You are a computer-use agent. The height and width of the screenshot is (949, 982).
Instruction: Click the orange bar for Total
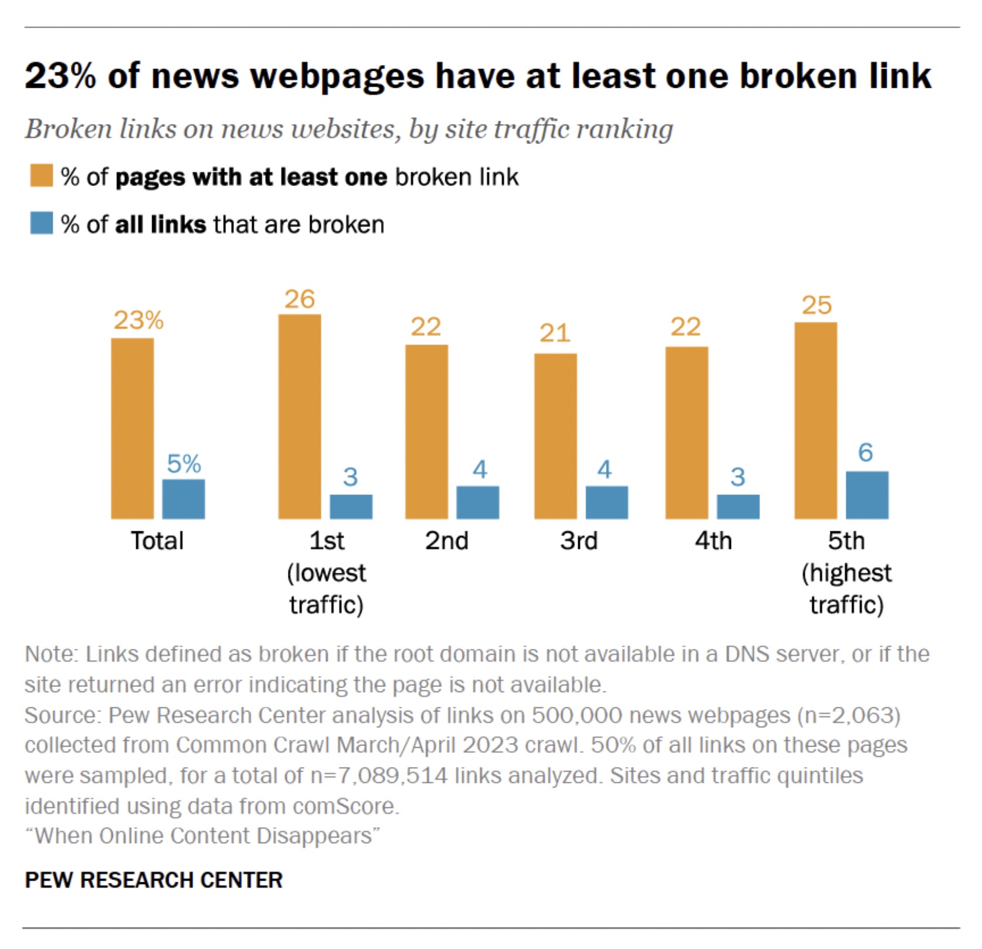click(x=132, y=428)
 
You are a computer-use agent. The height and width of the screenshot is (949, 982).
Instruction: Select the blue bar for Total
click(x=184, y=499)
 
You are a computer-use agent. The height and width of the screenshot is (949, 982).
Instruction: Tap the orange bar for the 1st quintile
click(x=300, y=417)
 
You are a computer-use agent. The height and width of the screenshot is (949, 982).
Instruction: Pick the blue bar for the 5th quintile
click(x=867, y=495)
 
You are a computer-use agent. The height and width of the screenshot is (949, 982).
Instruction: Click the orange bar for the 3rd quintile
click(x=555, y=436)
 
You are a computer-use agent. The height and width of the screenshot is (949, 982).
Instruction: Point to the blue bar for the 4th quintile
click(x=738, y=507)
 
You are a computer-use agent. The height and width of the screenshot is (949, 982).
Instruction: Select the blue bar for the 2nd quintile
click(x=478, y=502)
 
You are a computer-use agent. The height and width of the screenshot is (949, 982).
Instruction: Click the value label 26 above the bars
click(x=300, y=300)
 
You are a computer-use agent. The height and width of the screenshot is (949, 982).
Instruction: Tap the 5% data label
click(x=184, y=464)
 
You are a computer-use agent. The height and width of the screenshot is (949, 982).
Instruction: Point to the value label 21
click(x=555, y=333)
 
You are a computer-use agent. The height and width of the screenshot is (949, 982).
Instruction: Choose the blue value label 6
click(x=866, y=452)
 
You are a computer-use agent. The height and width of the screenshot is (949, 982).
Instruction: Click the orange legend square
click(x=42, y=176)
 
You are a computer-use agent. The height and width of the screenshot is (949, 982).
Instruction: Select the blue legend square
click(x=42, y=224)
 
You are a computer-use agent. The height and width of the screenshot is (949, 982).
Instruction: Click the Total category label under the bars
click(x=157, y=541)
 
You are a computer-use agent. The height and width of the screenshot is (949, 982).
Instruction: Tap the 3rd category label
click(x=578, y=541)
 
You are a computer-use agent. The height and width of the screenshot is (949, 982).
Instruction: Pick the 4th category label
click(x=713, y=541)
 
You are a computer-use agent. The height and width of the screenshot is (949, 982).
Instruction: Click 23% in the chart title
click(x=60, y=76)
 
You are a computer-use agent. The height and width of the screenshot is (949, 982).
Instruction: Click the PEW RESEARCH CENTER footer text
click(x=153, y=880)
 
